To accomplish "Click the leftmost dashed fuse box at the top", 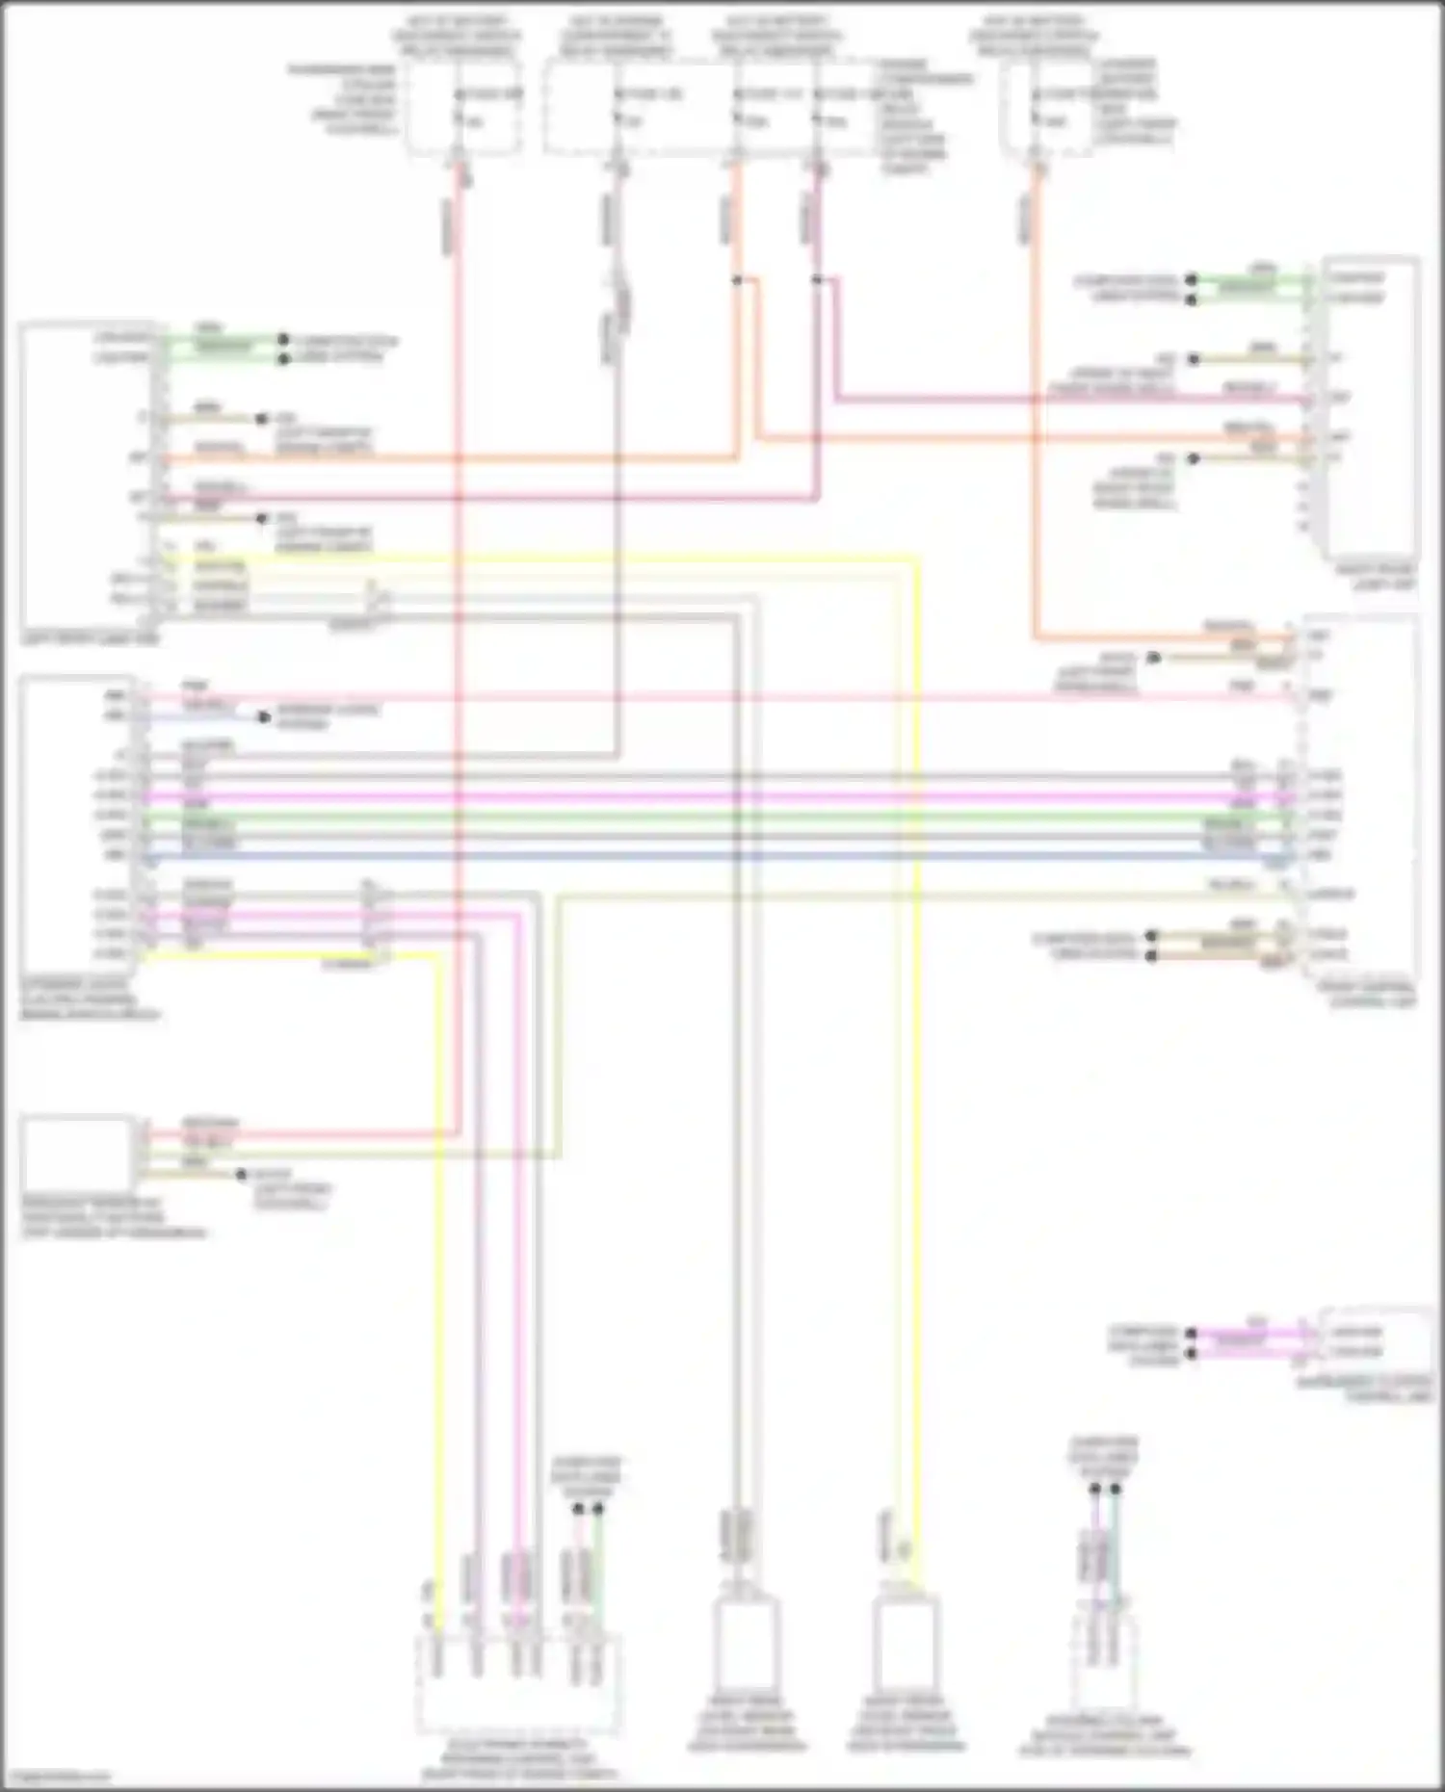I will [x=463, y=108].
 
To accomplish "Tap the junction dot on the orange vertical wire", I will [x=737, y=280].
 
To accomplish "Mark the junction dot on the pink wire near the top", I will [x=817, y=280].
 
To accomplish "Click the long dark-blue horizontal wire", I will [x=713, y=855].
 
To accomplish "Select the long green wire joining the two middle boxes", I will [x=713, y=817].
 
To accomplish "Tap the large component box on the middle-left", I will [x=77, y=823].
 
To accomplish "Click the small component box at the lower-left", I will [x=77, y=1153].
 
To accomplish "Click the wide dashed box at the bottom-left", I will [x=517, y=1683].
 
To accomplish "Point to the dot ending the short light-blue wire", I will [x=262, y=718].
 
